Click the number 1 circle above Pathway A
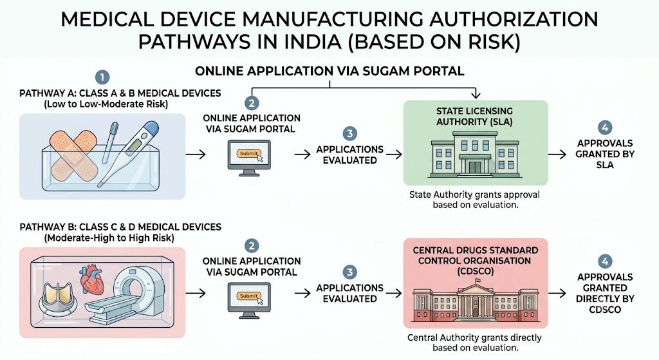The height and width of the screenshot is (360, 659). click(x=102, y=77)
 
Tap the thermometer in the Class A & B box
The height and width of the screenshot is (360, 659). click(x=128, y=154)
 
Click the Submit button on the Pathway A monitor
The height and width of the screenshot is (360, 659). click(x=248, y=153)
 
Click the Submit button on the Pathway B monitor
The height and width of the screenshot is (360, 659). click(x=248, y=296)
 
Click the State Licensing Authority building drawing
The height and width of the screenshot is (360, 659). click(x=475, y=153)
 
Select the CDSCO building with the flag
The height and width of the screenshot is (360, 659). click(x=475, y=300)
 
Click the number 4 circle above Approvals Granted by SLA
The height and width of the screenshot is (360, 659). click(x=605, y=128)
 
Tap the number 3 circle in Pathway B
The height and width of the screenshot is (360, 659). click(x=349, y=272)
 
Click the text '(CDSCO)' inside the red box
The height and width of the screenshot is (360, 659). click(x=476, y=271)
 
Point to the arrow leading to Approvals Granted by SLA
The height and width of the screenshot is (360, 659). click(x=557, y=155)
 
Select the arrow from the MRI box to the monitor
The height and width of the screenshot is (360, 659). click(x=196, y=293)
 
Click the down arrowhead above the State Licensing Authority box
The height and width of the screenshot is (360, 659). click(x=476, y=95)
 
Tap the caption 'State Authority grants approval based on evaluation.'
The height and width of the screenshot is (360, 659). click(x=474, y=200)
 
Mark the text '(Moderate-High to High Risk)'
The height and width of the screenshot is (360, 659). click(x=109, y=238)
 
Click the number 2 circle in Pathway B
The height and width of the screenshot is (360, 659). click(x=252, y=246)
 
